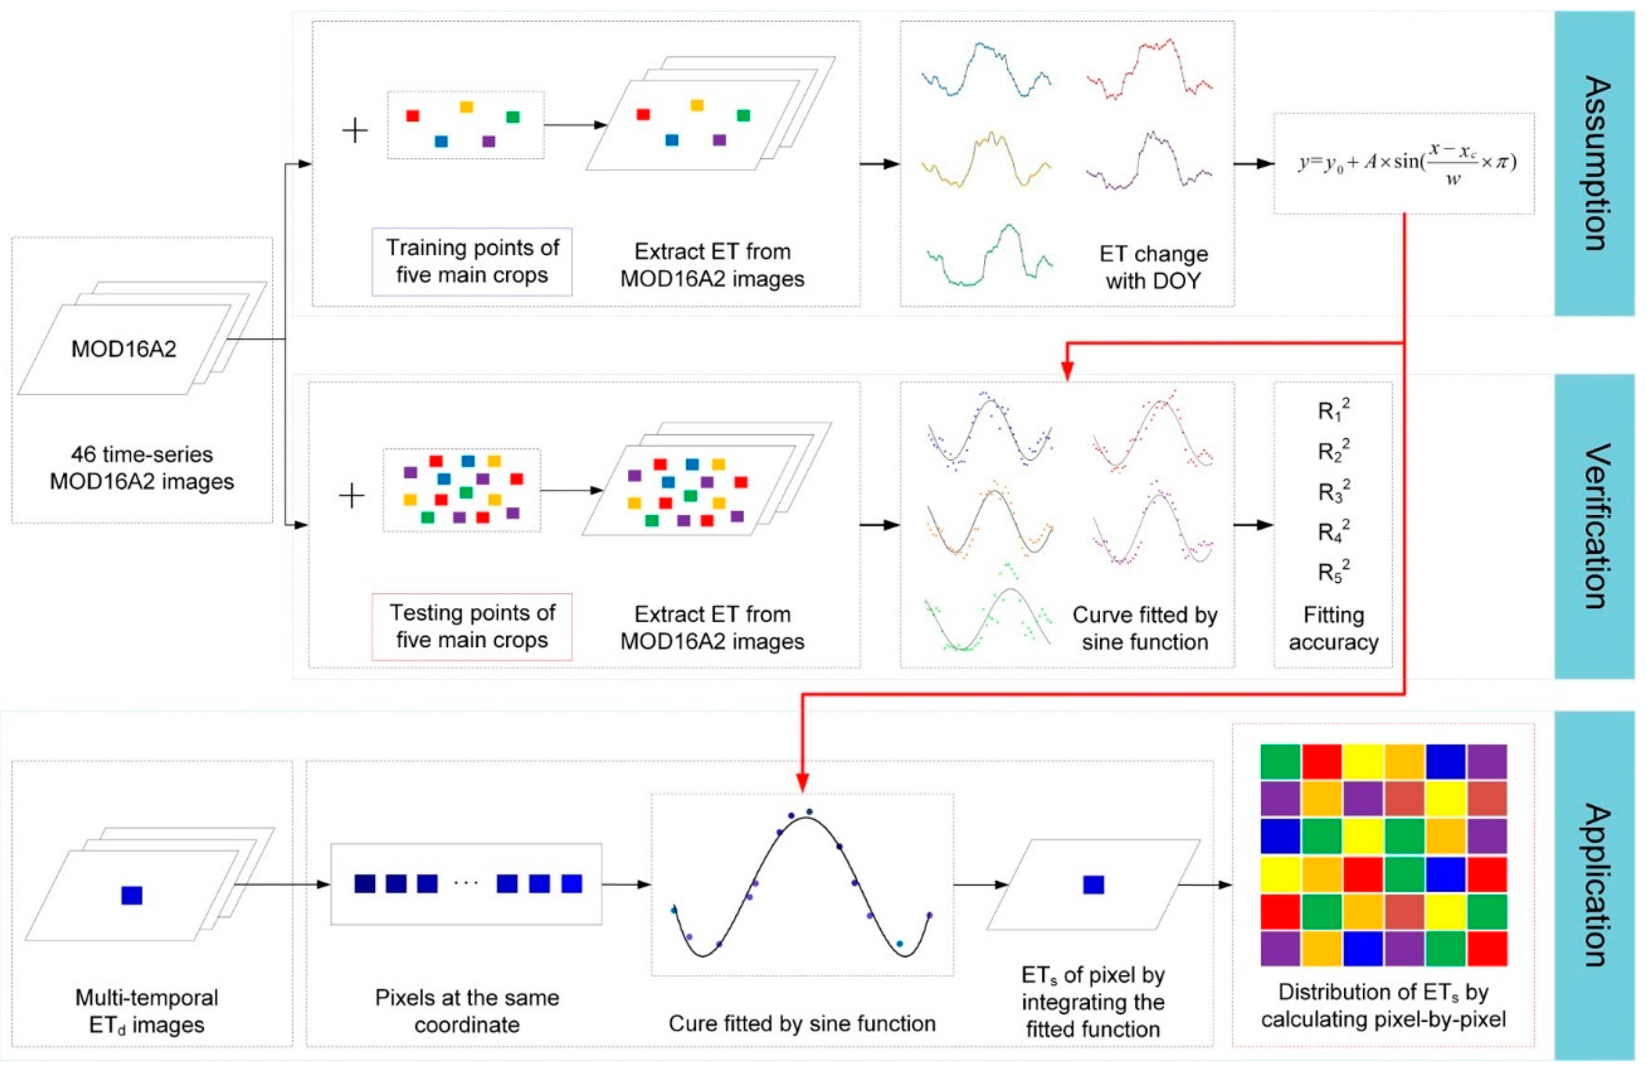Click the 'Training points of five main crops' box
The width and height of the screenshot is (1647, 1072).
pos(472,262)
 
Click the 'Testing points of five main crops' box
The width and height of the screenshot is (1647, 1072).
pos(472,626)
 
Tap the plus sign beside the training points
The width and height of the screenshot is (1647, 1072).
pos(355,130)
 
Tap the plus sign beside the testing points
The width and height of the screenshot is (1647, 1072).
pos(352,495)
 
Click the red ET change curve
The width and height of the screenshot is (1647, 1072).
pos(1149,69)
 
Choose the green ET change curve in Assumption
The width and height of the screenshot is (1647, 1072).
pos(990,256)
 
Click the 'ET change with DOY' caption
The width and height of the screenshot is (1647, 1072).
pos(1153,267)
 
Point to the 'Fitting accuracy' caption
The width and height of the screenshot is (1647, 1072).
pos(1333,628)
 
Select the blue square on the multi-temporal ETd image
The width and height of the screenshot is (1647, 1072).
pos(132,895)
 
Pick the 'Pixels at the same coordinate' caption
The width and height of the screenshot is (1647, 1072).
pos(467,1011)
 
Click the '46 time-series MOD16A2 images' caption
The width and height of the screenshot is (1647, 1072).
pos(142,468)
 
